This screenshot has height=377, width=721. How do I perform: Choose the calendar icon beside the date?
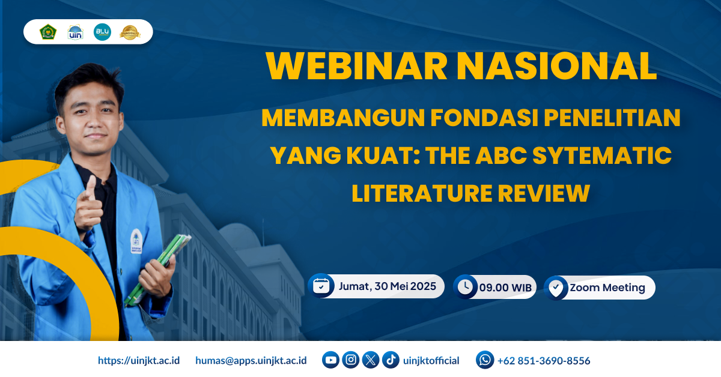pyautogui.click(x=321, y=286)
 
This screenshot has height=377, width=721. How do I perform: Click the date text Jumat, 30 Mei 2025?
pyautogui.click(x=387, y=286)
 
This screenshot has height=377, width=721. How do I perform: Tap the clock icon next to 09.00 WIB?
pyautogui.click(x=464, y=287)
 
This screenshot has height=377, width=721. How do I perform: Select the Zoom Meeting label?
pyautogui.click(x=607, y=288)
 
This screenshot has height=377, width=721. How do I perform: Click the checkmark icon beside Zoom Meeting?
pyautogui.click(x=556, y=288)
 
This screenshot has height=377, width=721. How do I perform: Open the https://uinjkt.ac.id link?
pyautogui.click(x=139, y=361)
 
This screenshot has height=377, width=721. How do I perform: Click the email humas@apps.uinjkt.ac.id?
pyautogui.click(x=251, y=361)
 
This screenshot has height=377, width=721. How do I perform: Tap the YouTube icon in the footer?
pyautogui.click(x=330, y=360)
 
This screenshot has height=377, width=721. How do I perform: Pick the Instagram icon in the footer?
pyautogui.click(x=351, y=360)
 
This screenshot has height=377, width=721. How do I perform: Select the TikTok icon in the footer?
pyautogui.click(x=391, y=360)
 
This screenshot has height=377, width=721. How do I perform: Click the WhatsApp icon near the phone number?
pyautogui.click(x=485, y=360)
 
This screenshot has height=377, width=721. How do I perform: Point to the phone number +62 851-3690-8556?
pyautogui.click(x=544, y=361)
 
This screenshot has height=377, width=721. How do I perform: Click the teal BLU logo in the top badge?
pyautogui.click(x=102, y=32)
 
